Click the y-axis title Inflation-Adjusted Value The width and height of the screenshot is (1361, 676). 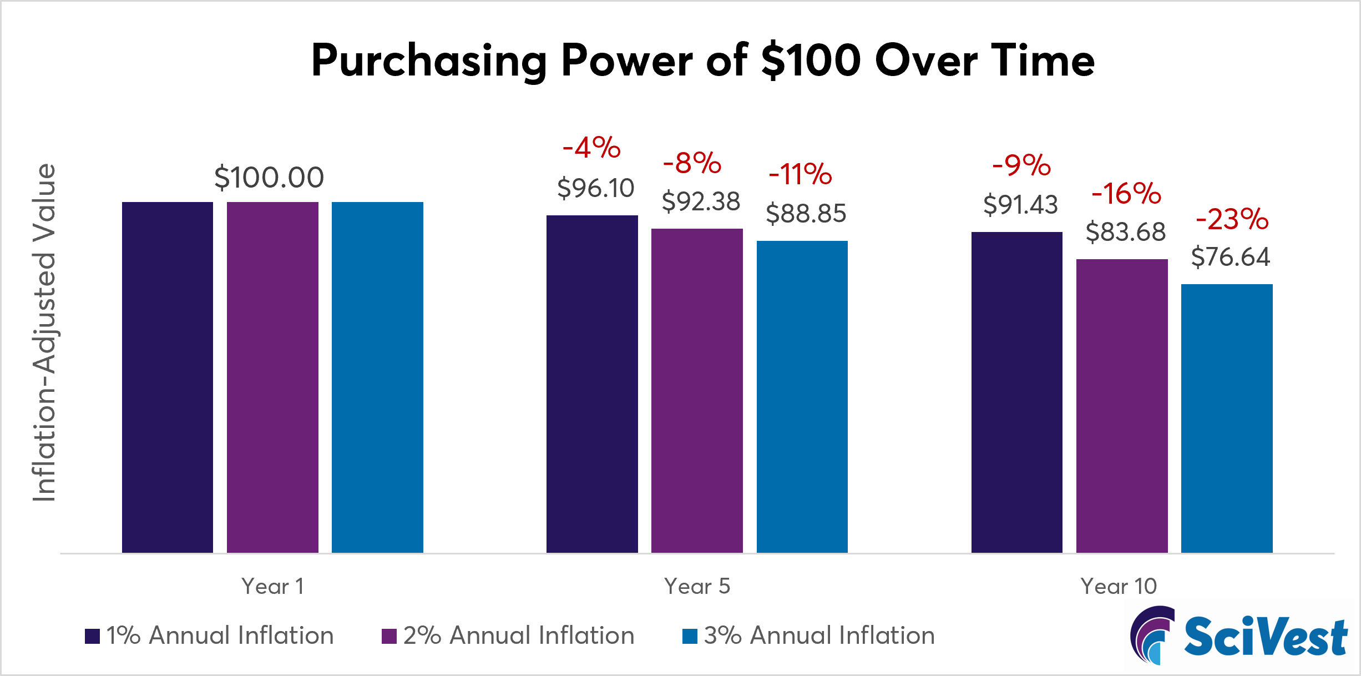point(44,333)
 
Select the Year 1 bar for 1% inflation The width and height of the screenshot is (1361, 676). point(167,377)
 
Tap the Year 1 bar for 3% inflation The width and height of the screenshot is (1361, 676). point(377,377)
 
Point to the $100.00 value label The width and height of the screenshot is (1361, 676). point(269,178)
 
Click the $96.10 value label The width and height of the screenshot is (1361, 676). point(595,188)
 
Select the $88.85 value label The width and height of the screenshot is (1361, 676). point(806,214)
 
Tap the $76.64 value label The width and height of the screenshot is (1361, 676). point(1230,257)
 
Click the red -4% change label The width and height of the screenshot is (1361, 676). point(591,148)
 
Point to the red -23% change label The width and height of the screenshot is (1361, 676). point(1232,219)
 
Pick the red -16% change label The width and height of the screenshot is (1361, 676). point(1126,194)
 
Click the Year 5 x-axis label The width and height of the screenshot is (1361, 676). point(697,586)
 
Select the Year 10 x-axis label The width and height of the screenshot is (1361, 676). point(1118,586)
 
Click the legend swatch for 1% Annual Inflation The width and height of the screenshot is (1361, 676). point(92,636)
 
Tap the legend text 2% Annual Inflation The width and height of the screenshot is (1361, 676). point(518,635)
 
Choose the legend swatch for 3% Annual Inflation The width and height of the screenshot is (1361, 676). point(690,636)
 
